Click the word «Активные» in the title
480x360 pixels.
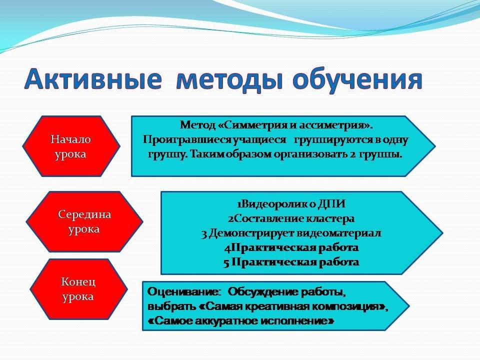pos(93,79)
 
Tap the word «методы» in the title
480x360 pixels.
pos(229,80)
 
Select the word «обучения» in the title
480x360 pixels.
pos(357,80)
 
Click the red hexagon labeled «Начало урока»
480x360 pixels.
pos(71,146)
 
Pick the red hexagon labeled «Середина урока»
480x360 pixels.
pos(84,221)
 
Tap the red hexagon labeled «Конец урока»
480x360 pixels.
pos(78,289)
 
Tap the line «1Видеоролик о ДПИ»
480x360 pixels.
pos(291,204)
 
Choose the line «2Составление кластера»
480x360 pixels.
pos(291,218)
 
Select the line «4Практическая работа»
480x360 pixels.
pos(291,247)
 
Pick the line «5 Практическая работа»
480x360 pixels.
pos(291,262)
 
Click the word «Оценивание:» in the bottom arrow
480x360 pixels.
pos(184,291)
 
